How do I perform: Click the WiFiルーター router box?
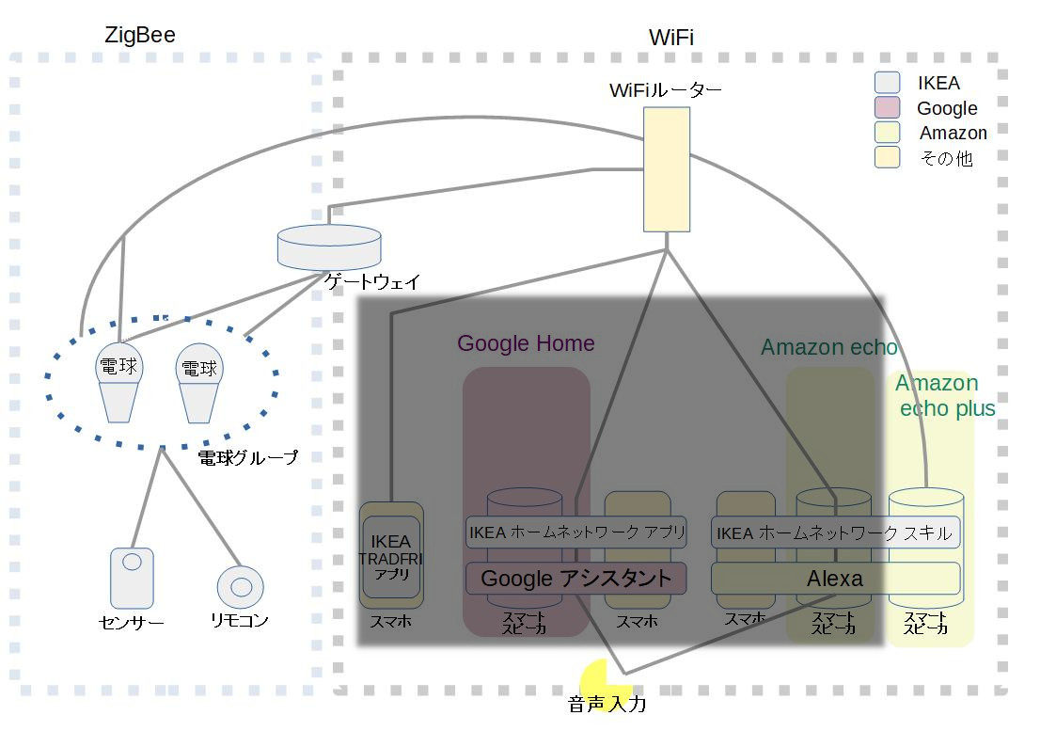point(666,169)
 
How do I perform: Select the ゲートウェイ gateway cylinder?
point(329,247)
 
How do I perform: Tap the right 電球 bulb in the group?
point(198,386)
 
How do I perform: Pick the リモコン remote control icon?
point(241,587)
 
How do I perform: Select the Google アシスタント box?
point(575,578)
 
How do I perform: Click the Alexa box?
point(834,578)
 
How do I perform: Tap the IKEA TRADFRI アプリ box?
point(391,556)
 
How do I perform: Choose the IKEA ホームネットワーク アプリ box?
point(575,532)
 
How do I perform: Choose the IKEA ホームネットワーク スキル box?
point(834,532)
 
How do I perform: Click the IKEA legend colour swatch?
point(887,83)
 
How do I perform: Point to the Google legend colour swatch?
point(887,107)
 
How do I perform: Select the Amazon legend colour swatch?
point(887,133)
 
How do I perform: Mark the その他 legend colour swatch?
point(887,157)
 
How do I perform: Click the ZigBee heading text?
point(139,36)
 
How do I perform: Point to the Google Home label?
point(526,343)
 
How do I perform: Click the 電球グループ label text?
point(247,458)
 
